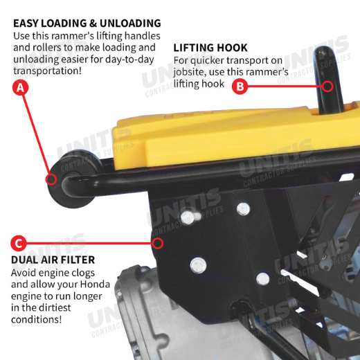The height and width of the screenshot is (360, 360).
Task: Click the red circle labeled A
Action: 21,87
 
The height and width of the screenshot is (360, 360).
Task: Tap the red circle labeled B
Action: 240,87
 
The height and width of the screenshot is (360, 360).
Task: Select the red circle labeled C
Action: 19,243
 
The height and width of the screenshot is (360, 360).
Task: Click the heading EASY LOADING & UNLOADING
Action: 87,24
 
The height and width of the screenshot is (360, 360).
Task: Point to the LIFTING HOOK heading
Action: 210,48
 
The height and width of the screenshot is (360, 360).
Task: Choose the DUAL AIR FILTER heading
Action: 53,260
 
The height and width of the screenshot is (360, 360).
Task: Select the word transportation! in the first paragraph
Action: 47,71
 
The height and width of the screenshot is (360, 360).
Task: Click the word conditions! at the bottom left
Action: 37,320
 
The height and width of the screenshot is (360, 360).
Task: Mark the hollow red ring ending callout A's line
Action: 51,179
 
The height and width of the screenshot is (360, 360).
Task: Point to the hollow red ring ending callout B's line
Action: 327,87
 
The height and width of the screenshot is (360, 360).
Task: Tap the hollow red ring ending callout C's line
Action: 158,243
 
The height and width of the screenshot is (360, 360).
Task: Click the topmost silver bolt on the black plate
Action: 243,209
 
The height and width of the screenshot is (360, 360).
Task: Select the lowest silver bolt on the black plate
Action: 263,279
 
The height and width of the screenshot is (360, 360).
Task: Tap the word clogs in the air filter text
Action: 83,273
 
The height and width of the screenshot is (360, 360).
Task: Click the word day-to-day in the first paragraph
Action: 129,60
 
